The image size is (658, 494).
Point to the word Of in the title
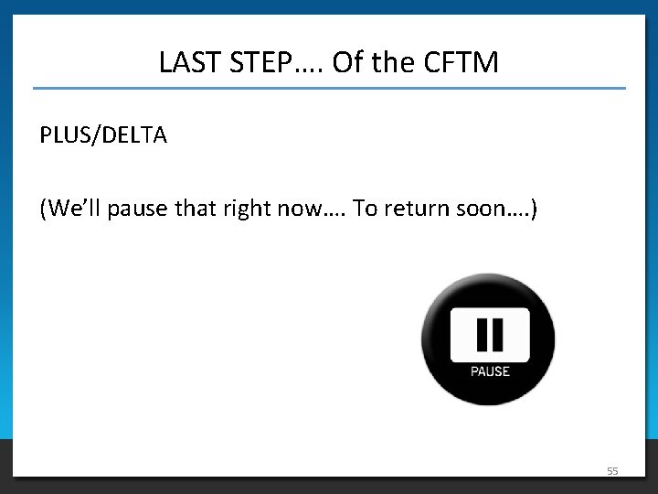coord(347,62)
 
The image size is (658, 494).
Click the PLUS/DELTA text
coord(103,135)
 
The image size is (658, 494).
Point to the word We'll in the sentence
coord(74,209)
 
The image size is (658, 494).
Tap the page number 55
coord(612,471)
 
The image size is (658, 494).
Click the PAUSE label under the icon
coord(490,371)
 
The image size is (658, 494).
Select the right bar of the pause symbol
coord(498,335)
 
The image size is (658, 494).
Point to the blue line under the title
coord(329,89)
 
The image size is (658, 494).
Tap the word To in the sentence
coord(365,209)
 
